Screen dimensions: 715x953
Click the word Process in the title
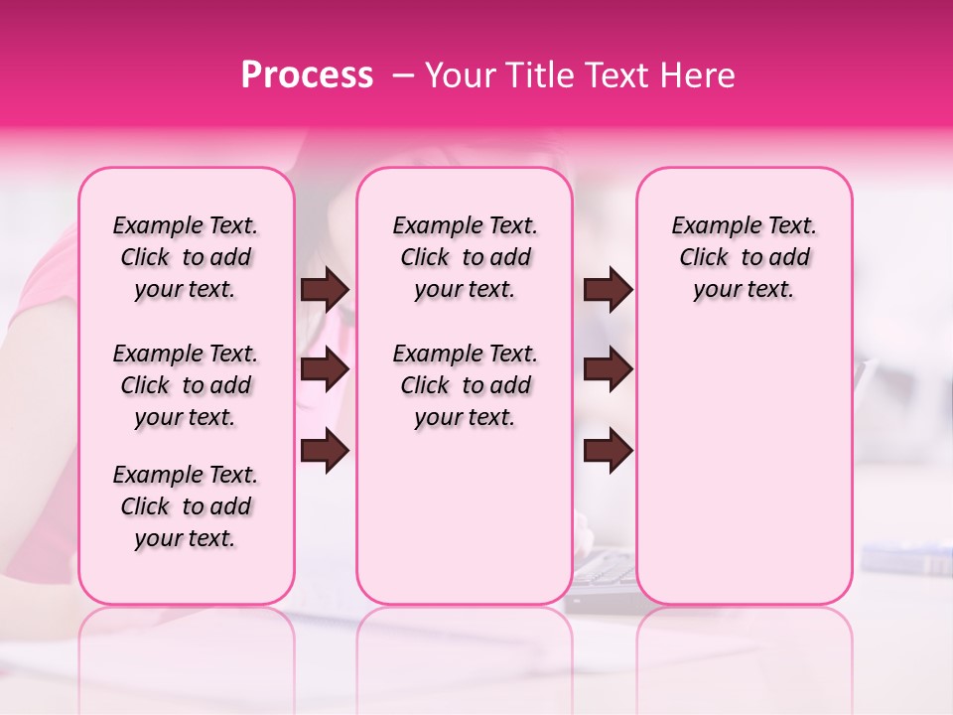coord(307,75)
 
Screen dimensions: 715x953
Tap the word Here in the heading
coord(696,75)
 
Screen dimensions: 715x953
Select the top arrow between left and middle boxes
coord(325,290)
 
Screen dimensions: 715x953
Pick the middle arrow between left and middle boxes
coord(325,370)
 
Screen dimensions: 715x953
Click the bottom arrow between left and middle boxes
coord(325,451)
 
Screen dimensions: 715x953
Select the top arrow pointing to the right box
coord(608,290)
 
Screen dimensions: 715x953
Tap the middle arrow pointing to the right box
coord(608,370)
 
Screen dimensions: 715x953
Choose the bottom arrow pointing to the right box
coord(608,451)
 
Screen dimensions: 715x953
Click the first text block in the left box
coord(186,257)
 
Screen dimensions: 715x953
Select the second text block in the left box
coord(186,385)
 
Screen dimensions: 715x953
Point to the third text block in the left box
coord(186,506)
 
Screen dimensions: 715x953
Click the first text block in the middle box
coord(465,257)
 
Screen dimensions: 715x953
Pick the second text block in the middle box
coord(465,385)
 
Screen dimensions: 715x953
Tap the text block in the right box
coord(744,257)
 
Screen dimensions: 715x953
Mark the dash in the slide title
coord(402,75)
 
